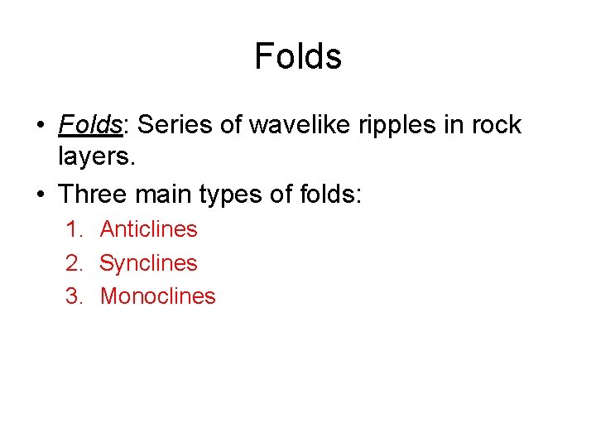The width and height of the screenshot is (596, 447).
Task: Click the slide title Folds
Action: pyautogui.click(x=298, y=56)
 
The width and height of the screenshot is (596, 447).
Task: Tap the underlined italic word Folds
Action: pyautogui.click(x=89, y=125)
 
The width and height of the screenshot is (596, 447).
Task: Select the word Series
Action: pyautogui.click(x=168, y=125)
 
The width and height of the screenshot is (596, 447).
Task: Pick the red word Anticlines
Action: pyautogui.click(x=149, y=229)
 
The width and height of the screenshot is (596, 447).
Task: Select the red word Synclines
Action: pyautogui.click(x=149, y=263)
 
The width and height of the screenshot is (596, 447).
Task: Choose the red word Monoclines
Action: pyautogui.click(x=158, y=296)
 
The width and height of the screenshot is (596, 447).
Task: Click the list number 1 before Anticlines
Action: pyautogui.click(x=73, y=229)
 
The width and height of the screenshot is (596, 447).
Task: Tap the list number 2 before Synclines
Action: pyautogui.click(x=73, y=263)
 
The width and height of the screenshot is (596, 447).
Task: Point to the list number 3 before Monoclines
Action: pyautogui.click(x=73, y=296)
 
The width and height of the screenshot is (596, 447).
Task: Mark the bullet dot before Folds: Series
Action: pyautogui.click(x=41, y=126)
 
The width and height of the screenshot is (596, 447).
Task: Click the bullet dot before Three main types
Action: pyautogui.click(x=41, y=195)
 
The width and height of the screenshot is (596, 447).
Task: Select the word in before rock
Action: pyautogui.click(x=454, y=125)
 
